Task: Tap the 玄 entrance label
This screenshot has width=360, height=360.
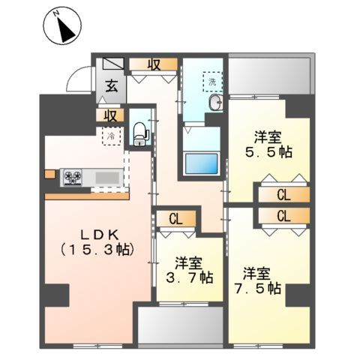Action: (x=110, y=87)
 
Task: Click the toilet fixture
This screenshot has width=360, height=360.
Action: (x=139, y=133)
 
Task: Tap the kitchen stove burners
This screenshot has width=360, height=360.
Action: (x=73, y=177)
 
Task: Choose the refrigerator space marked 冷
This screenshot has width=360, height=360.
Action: (x=110, y=137)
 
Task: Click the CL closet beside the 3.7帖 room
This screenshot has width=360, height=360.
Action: (x=175, y=219)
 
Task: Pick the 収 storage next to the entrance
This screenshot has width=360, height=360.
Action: (x=153, y=64)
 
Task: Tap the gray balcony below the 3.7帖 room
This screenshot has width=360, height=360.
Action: (x=180, y=324)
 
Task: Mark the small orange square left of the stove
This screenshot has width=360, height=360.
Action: (x=49, y=175)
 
